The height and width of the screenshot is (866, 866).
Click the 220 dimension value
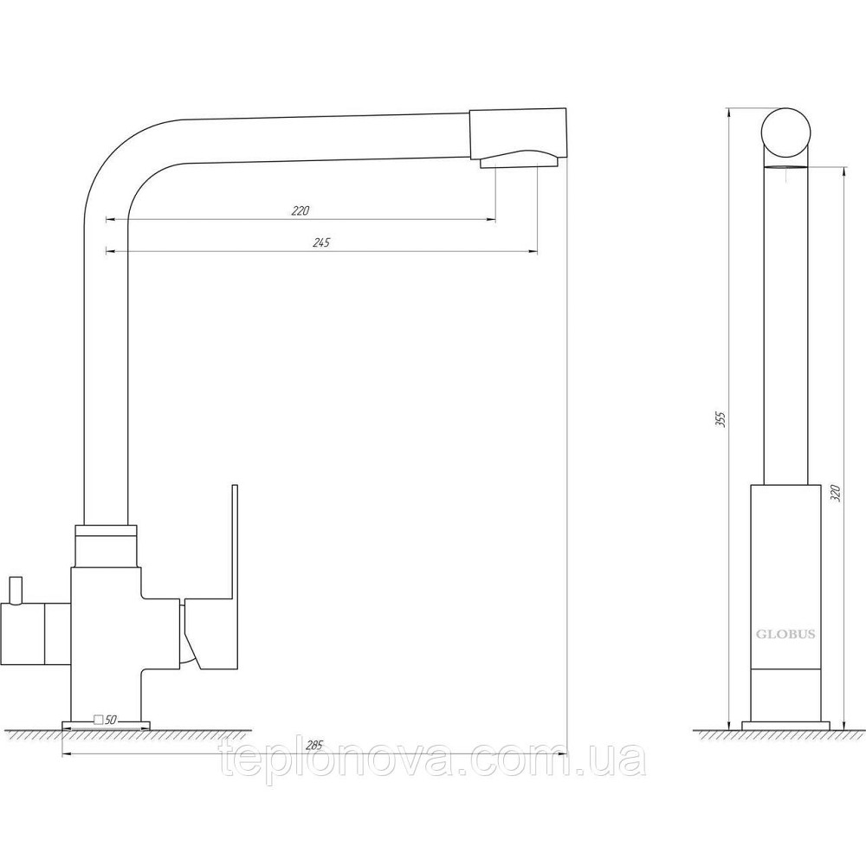click(301, 210)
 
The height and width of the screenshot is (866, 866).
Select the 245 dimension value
click(320, 242)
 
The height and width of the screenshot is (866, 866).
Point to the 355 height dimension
click(719, 420)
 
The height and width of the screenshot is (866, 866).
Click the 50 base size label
click(110, 720)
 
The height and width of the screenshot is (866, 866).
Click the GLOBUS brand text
click(785, 634)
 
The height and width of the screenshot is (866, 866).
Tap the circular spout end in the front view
click(786, 132)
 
